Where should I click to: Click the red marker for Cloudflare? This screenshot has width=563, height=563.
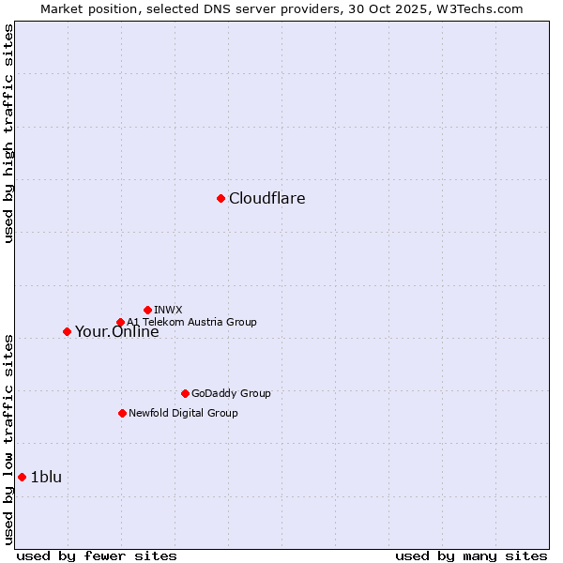pyautogui.click(x=221, y=198)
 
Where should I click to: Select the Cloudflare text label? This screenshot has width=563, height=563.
pyautogui.click(x=266, y=198)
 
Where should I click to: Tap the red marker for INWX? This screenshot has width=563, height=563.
pyautogui.click(x=147, y=310)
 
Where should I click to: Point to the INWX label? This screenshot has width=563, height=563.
pyautogui.click(x=168, y=310)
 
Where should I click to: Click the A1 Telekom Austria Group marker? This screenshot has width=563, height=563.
pyautogui.click(x=120, y=322)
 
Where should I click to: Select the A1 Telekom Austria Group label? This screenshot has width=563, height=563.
pyautogui.click(x=191, y=322)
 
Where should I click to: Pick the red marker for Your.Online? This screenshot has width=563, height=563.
pyautogui.click(x=67, y=331)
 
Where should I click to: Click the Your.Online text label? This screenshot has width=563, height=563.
pyautogui.click(x=116, y=331)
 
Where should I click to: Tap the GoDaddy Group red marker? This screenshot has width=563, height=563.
pyautogui.click(x=185, y=393)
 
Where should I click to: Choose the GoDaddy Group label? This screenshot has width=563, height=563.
pyautogui.click(x=231, y=393)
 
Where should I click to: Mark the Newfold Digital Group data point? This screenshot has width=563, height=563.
pyautogui.click(x=122, y=413)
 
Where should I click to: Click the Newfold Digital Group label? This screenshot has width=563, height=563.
pyautogui.click(x=183, y=413)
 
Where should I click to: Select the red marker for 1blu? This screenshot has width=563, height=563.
pyautogui.click(x=22, y=477)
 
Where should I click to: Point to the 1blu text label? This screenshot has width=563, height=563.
pyautogui.click(x=46, y=477)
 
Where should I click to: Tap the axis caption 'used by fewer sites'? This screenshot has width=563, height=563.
pyautogui.click(x=97, y=555)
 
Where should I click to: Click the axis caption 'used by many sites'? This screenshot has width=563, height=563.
pyautogui.click(x=471, y=555)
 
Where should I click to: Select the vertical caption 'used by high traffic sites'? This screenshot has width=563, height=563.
pyautogui.click(x=8, y=133)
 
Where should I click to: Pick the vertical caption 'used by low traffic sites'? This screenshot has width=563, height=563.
pyautogui.click(x=8, y=439)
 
